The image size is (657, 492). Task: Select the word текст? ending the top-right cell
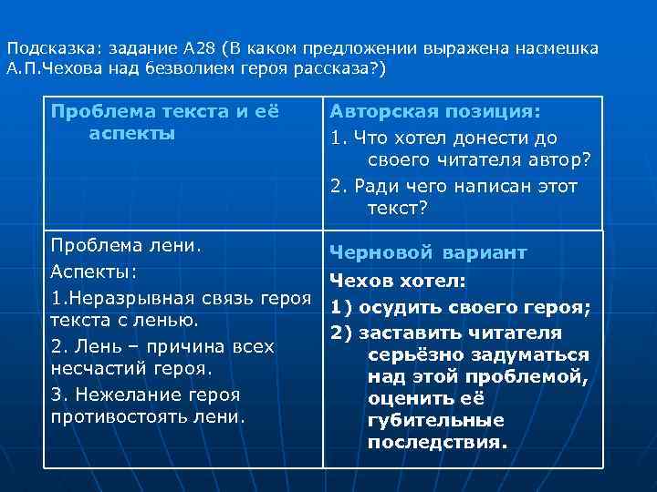397,210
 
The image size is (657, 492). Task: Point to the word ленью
164,321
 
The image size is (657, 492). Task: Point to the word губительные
436,421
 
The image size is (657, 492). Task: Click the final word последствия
437,443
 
